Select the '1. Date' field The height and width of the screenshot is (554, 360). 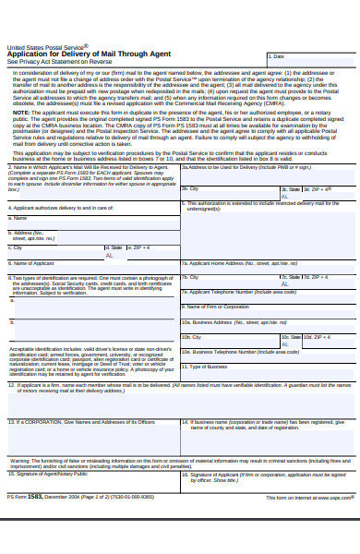tap(310, 57)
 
